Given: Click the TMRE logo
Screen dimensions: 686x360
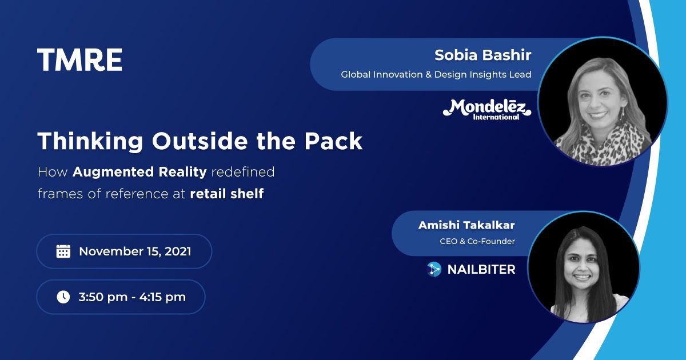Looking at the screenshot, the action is pyautogui.click(x=79, y=59).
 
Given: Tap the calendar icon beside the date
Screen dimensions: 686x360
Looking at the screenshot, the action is pyautogui.click(x=63, y=251).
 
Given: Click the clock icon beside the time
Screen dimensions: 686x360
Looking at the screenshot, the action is pyautogui.click(x=63, y=297).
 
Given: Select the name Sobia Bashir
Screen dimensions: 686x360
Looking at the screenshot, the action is pyautogui.click(x=482, y=55).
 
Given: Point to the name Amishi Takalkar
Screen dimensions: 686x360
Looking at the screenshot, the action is pyautogui.click(x=466, y=225).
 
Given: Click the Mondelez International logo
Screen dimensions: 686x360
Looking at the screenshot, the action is pyautogui.click(x=487, y=110).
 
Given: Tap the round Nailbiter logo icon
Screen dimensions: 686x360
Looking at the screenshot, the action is pyautogui.click(x=434, y=269).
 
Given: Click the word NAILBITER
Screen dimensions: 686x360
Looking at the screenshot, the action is pyautogui.click(x=481, y=270).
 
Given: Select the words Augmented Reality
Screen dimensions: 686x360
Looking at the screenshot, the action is pyautogui.click(x=139, y=172).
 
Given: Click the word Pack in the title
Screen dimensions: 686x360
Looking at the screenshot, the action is pyautogui.click(x=333, y=141).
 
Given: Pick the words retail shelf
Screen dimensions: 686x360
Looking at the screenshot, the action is pyautogui.click(x=227, y=194).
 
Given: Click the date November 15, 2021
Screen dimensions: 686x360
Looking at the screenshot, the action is pyautogui.click(x=135, y=251).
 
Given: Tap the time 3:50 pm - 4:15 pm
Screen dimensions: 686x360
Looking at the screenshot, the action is pyautogui.click(x=132, y=297).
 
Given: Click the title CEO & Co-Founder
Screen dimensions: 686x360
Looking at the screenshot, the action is pyautogui.click(x=477, y=241).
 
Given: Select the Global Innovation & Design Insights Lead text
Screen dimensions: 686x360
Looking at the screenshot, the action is pyautogui.click(x=436, y=74).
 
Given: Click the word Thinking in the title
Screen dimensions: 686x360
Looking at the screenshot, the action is pyautogui.click(x=90, y=142).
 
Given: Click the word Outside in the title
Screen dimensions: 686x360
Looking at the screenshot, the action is pyautogui.click(x=200, y=141).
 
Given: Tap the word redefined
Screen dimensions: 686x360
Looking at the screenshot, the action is pyautogui.click(x=243, y=172).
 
